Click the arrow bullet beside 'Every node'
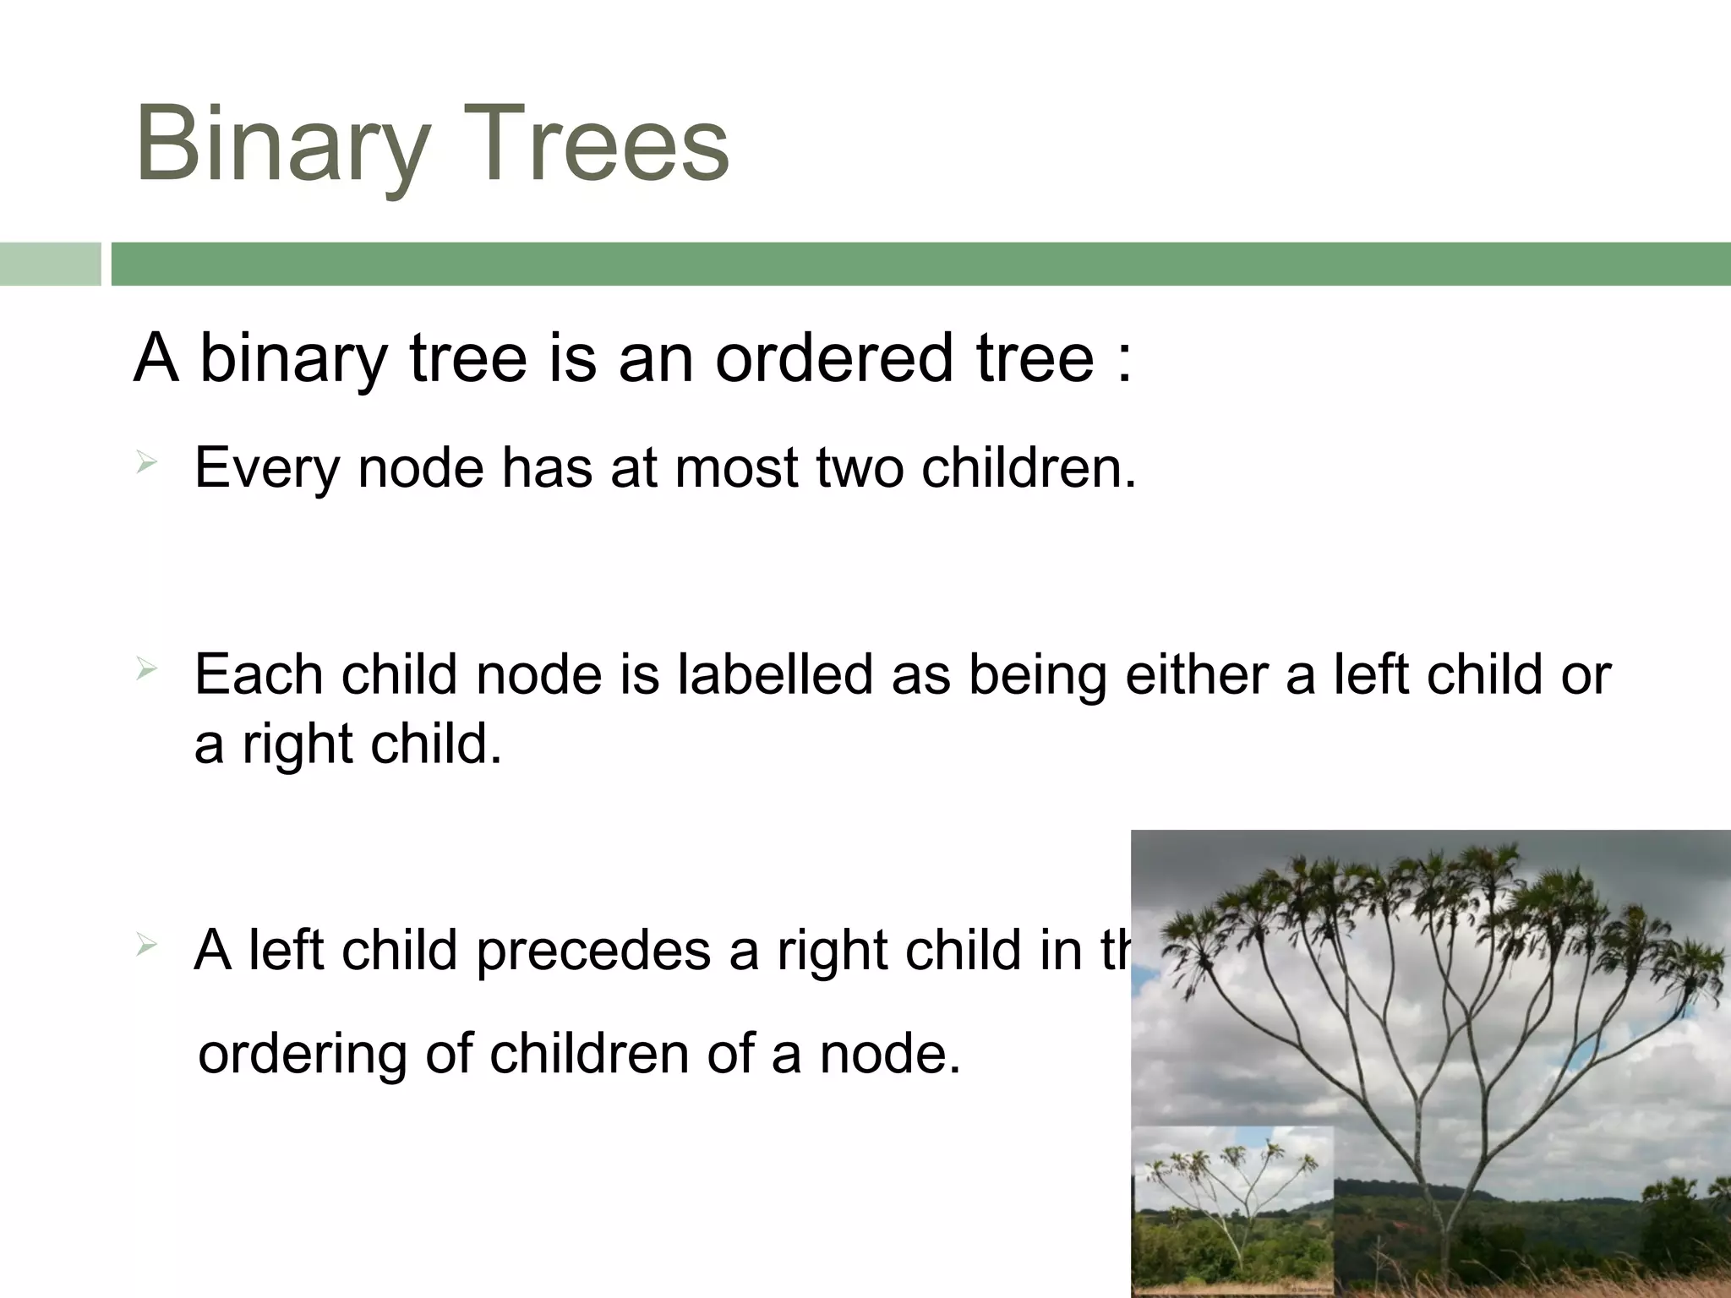pos(146,461)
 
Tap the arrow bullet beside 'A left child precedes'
pos(146,946)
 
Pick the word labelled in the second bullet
pos(774,674)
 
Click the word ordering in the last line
pos(303,1055)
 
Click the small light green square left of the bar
pos(50,264)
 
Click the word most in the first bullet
pos(736,466)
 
